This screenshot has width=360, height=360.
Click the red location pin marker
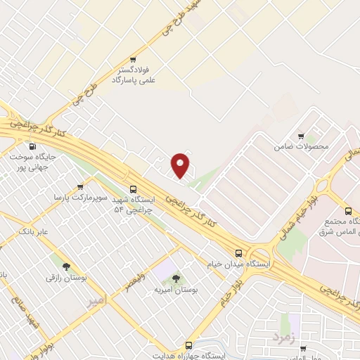point(181,165)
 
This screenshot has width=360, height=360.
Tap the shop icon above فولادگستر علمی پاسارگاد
point(133,60)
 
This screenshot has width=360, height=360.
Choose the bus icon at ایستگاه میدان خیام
point(238,253)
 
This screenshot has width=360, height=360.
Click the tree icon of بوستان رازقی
point(66,266)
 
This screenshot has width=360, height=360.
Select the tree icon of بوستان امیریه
point(176,280)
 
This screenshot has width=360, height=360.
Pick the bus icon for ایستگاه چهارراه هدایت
point(188,345)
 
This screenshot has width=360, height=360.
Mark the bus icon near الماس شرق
point(348,211)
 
